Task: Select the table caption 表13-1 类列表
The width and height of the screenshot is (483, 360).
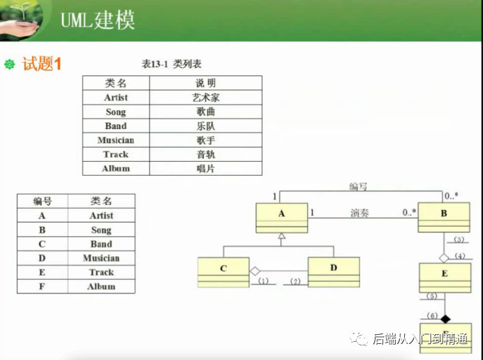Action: click(x=172, y=64)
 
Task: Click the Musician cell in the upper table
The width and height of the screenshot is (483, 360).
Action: click(x=116, y=140)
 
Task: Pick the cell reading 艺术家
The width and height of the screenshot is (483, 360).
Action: click(x=206, y=98)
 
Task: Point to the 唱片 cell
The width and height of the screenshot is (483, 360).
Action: click(x=206, y=168)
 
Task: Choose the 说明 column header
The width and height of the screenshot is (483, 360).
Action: click(x=206, y=83)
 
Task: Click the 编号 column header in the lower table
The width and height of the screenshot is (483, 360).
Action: click(x=43, y=201)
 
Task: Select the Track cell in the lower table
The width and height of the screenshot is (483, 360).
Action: click(x=101, y=272)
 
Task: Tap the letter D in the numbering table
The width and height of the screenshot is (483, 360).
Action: click(x=43, y=258)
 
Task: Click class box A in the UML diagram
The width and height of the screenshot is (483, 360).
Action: click(x=282, y=218)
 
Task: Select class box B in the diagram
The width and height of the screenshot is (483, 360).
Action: click(x=443, y=218)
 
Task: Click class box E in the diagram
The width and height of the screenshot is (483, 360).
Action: click(x=444, y=277)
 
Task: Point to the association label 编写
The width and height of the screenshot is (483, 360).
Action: click(x=359, y=187)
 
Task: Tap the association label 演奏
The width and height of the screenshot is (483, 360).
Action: click(x=359, y=213)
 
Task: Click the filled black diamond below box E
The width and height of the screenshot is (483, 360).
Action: click(x=445, y=318)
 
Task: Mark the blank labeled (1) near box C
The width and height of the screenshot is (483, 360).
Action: click(x=263, y=281)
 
